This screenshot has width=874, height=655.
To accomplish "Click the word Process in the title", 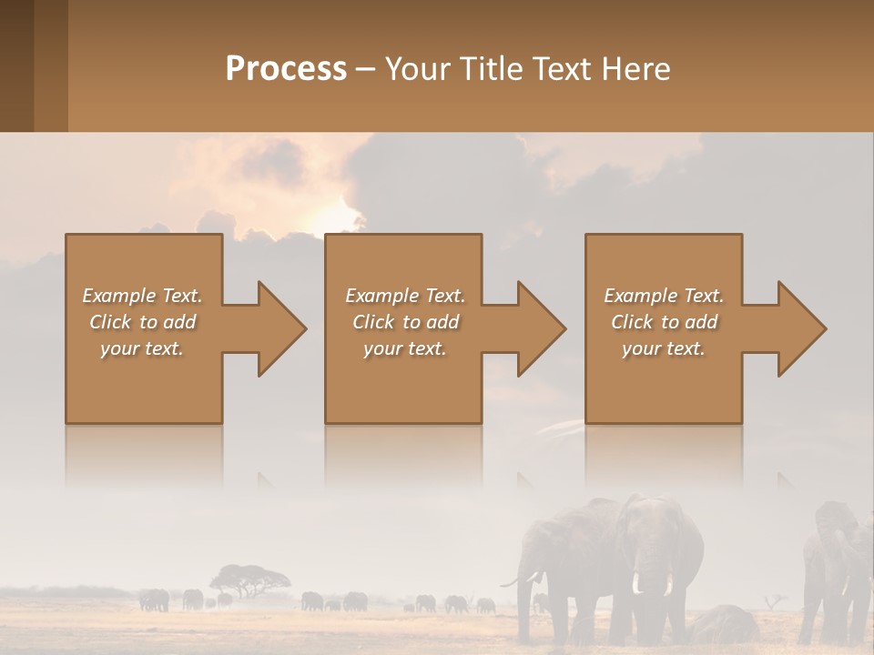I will coord(286,69).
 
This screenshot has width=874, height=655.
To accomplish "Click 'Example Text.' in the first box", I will coord(142,296).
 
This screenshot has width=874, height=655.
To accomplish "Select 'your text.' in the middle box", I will coord(404,348).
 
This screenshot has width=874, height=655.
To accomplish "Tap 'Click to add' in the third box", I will coord(664,322).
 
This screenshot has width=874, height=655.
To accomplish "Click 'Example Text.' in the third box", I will coord(664,296).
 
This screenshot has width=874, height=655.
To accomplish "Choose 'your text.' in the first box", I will coord(142,348).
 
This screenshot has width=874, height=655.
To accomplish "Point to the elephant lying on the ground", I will coord(724,624).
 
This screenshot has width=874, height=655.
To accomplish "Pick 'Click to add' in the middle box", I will coord(404,322).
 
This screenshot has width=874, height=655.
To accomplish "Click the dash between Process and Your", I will coord(365,70).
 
